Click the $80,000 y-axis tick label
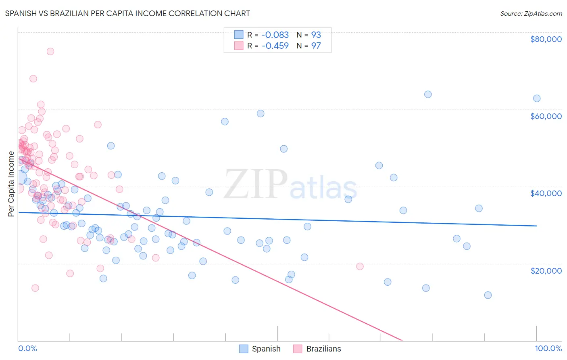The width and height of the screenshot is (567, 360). (546, 39)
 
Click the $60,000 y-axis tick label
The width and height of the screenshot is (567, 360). (546, 116)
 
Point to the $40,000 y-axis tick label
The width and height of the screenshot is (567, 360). (546, 193)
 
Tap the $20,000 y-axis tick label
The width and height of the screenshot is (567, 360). (546, 270)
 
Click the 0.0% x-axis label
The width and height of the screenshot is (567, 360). (27, 348)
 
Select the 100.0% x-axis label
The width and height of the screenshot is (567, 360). (548, 348)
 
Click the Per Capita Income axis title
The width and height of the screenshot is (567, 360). (11, 184)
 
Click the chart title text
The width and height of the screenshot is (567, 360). (127, 13)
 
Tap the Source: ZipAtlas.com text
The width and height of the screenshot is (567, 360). (531, 13)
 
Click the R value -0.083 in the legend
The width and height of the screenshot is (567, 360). (275, 35)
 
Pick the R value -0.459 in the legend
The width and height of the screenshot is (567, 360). (275, 46)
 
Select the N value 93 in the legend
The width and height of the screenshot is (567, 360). (316, 35)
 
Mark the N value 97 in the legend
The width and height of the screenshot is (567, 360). (316, 46)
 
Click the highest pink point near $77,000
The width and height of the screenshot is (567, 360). (50, 51)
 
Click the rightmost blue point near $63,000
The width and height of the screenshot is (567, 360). (537, 98)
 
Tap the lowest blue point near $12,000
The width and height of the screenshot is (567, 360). (488, 295)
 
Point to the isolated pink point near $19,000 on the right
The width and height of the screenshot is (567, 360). (360, 266)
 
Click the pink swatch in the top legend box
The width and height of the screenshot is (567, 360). (239, 46)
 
